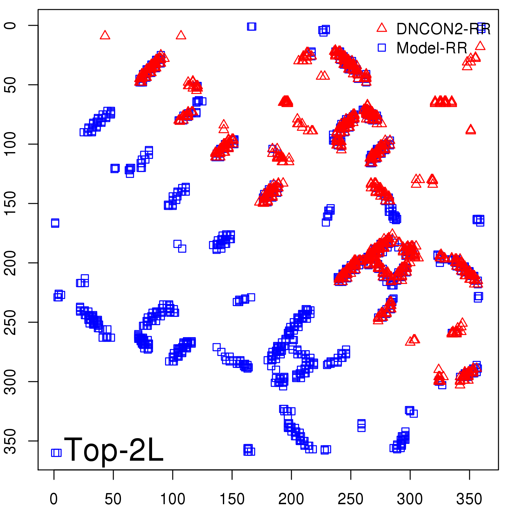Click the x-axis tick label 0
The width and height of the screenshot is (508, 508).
[54, 499]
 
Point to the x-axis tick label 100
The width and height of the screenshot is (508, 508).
[172, 499]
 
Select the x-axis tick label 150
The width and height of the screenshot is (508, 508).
[232, 499]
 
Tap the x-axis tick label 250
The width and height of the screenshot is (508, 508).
[351, 499]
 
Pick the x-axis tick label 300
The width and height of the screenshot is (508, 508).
[410, 499]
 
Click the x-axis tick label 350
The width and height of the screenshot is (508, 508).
[469, 499]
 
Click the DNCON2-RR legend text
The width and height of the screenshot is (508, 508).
[443, 29]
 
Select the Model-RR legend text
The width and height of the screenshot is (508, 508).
[432, 48]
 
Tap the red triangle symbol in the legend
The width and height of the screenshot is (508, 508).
[382, 28]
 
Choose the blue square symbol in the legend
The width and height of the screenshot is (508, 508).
[382, 48]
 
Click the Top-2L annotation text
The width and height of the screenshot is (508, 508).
[114, 449]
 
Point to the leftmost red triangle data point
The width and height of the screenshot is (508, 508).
[105, 35]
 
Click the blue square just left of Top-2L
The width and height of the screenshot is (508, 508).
[56, 452]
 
